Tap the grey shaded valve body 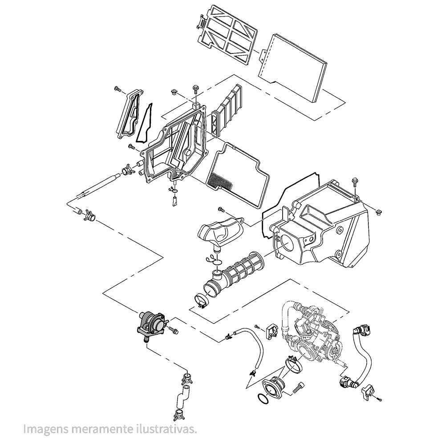tap(151, 324)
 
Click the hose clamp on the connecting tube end tap(202, 301)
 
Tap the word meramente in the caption tap(97, 429)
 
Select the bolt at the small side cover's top tap(117, 89)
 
